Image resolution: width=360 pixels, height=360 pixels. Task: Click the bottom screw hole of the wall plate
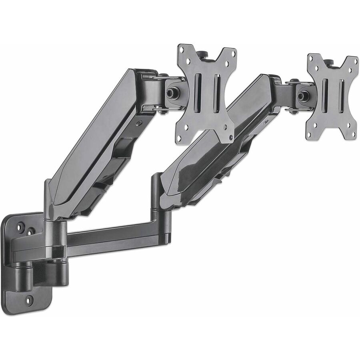[x=29, y=299]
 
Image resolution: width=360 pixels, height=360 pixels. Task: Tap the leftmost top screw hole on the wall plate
[x=20, y=227]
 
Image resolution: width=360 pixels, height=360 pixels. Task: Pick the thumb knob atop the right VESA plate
[x=328, y=62]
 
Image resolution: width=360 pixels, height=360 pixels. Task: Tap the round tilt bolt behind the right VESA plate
[x=303, y=96]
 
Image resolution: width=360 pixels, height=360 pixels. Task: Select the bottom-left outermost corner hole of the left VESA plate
[x=179, y=138]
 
